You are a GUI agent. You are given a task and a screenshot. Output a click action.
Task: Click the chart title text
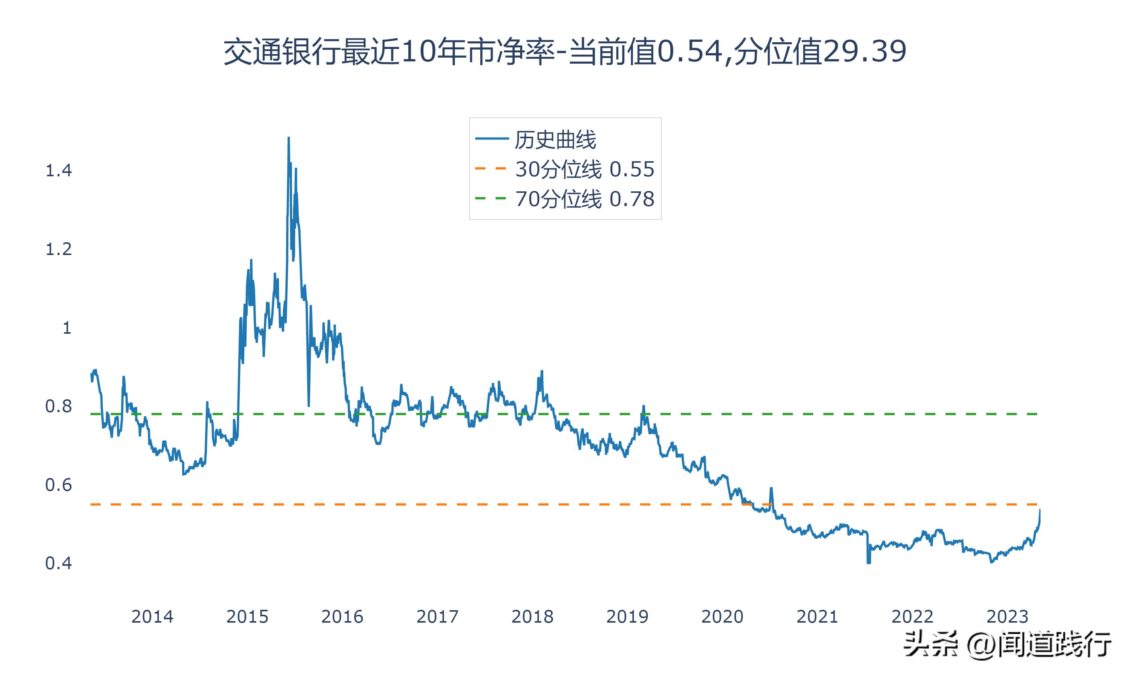point(565,52)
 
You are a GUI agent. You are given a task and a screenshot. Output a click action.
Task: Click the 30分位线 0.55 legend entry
point(584,169)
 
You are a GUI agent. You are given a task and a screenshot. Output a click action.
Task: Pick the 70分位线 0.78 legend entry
point(584,199)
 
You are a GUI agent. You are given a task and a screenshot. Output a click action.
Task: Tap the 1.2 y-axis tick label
point(58,249)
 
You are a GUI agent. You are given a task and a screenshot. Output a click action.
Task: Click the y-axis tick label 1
point(67,328)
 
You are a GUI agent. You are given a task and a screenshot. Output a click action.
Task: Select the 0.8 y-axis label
point(58,406)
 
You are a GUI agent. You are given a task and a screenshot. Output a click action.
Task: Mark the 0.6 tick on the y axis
point(58,485)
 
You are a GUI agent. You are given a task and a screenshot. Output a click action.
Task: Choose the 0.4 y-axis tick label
point(58,563)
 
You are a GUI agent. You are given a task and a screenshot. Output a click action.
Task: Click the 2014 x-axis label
point(152,617)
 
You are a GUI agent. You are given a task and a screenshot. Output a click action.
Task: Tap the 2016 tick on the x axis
point(342,617)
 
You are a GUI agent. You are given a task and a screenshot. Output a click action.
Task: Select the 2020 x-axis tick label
point(722,617)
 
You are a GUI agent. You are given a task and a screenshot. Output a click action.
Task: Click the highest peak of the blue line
point(288,137)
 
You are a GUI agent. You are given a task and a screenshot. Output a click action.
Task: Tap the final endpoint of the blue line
point(1040,509)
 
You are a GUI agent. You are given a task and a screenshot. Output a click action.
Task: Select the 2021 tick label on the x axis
point(817,617)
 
